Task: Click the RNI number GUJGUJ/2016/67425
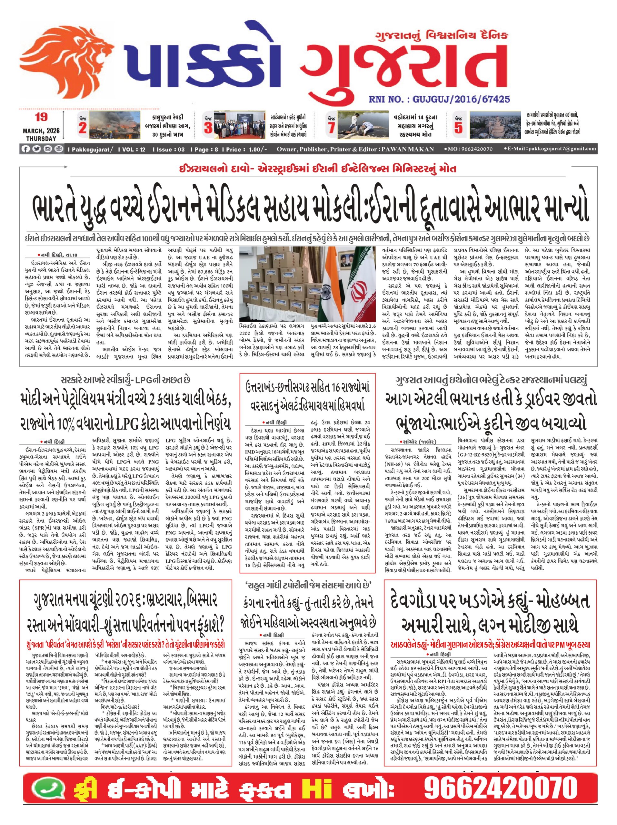[x=439, y=99]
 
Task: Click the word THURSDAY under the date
[x=41, y=138]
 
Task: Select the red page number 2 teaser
[x=83, y=128]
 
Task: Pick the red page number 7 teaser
[x=331, y=128]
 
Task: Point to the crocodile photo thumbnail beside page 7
[x=363, y=125]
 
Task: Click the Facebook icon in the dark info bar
[x=26, y=149]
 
